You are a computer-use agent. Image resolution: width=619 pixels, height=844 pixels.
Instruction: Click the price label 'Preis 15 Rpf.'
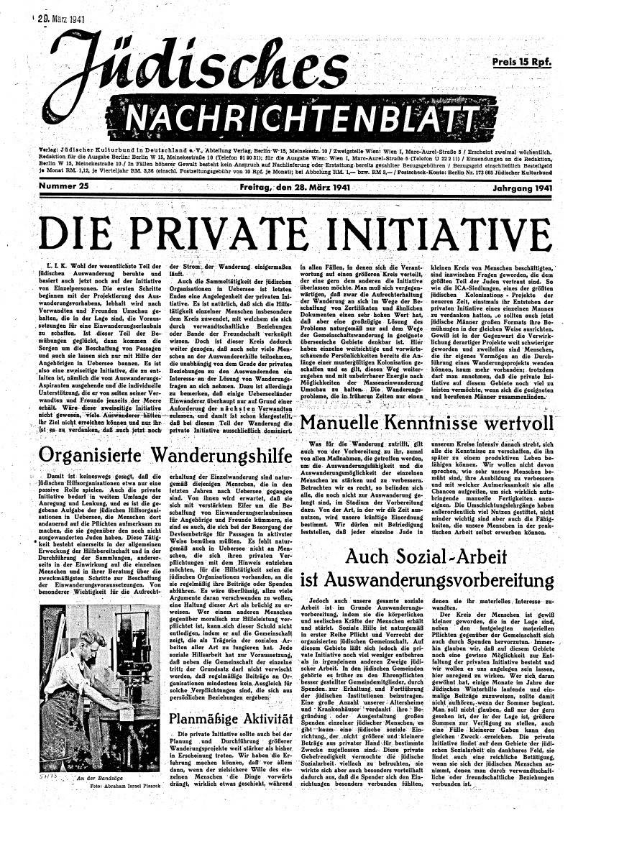click(x=522, y=62)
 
